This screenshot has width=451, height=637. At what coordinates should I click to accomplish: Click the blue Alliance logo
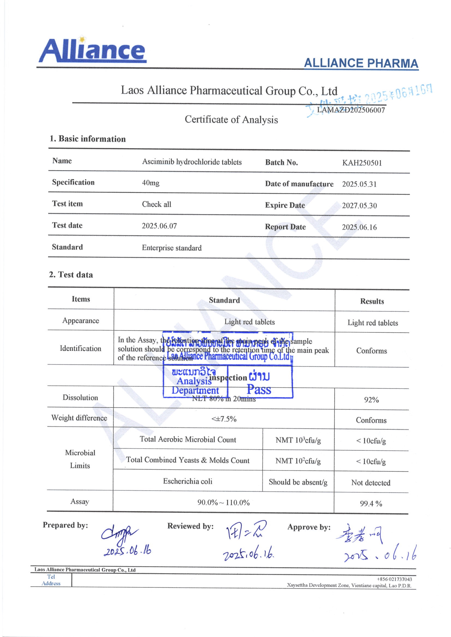pos(92,50)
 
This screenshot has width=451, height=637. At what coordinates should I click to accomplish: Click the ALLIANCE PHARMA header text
pos(361,64)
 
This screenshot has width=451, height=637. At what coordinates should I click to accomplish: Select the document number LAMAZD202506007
pos(351,110)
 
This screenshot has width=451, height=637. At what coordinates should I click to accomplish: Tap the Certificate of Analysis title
pos(231,120)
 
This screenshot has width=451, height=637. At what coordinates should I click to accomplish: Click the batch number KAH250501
pos(362,163)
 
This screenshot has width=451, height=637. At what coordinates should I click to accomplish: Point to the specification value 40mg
pos(151,183)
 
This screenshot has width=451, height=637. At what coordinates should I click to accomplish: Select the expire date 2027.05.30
pos(359,206)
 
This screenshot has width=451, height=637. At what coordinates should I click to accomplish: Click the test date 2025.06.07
pos(159,226)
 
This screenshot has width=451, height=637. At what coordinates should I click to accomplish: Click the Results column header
pos(372,301)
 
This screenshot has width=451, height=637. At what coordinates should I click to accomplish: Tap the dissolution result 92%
pos(371,400)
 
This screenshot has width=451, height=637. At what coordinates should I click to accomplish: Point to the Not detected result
pos(371,483)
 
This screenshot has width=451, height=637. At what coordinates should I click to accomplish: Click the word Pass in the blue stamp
pos(259,390)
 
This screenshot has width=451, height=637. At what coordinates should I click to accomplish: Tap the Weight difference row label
pos(79,418)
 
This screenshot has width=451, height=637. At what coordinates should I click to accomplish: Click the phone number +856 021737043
pos(394,579)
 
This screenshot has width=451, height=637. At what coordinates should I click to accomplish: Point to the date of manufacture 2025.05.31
pos(359,184)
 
